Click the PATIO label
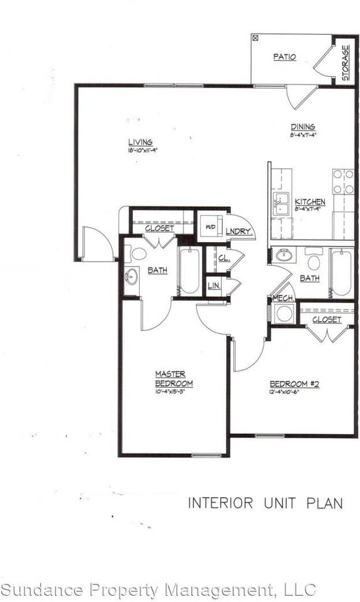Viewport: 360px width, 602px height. tap(284, 57)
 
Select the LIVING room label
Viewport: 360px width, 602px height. tap(140, 142)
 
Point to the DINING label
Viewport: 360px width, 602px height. tap(302, 127)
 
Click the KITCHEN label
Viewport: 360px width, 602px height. tap(310, 201)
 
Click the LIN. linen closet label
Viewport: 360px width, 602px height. tap(213, 286)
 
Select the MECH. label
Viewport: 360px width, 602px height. tap(279, 298)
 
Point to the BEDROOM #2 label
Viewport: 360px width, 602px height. tap(294, 384)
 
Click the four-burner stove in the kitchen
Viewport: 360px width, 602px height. tap(342, 181)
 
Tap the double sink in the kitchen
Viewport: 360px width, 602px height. tap(280, 204)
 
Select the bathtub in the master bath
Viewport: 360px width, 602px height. tap(189, 271)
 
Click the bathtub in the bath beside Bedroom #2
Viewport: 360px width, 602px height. tap(341, 272)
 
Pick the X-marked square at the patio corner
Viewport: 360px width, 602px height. tap(255, 38)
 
